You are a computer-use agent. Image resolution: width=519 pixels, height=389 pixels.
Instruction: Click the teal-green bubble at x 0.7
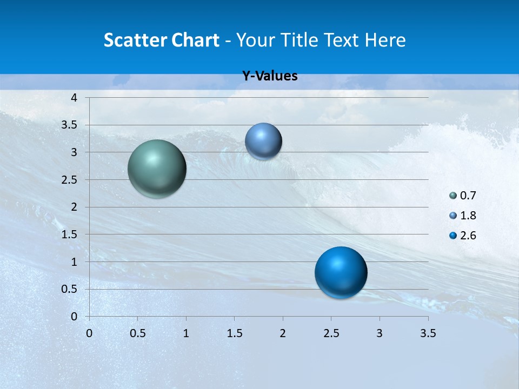(157, 169)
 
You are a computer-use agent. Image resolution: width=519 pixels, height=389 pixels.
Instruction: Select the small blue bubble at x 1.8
(263, 141)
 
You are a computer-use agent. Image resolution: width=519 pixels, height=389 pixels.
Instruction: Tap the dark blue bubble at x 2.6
(341, 272)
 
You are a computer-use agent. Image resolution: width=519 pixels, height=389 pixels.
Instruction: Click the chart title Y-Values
(269, 76)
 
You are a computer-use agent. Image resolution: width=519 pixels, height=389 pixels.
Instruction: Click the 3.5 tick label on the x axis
(428, 333)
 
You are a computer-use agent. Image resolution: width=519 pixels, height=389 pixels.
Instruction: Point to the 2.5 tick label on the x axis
(331, 333)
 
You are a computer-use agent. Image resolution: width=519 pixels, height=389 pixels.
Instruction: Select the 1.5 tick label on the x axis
(234, 333)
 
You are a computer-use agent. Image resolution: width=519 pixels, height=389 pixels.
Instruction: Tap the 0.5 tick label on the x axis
(137, 333)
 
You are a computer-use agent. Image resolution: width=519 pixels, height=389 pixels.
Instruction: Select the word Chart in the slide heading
(195, 40)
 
